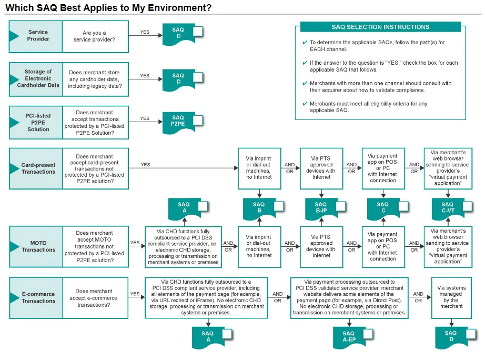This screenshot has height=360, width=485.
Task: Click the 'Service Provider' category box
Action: click(x=36, y=36)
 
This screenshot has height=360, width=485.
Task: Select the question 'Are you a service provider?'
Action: click(x=95, y=36)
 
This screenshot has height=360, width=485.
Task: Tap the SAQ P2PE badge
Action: click(x=178, y=121)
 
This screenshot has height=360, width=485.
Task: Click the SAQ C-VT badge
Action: click(x=447, y=207)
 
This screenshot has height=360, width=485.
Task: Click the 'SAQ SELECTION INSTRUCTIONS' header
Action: click(x=380, y=27)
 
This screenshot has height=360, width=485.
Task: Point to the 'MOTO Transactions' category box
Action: click(x=36, y=246)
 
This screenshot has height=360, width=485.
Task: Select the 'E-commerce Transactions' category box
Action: click(x=36, y=297)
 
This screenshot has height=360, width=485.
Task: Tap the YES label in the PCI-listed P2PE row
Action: click(x=145, y=119)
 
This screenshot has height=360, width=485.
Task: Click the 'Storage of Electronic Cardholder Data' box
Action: click(x=36, y=78)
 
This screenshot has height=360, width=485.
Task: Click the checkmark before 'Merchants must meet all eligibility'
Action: click(x=305, y=104)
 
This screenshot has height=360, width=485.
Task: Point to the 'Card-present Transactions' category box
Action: click(x=36, y=168)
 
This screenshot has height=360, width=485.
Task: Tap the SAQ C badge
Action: click(x=383, y=207)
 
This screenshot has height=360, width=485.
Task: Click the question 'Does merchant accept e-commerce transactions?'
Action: click(x=95, y=298)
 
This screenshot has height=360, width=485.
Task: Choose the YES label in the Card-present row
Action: click(x=145, y=165)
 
